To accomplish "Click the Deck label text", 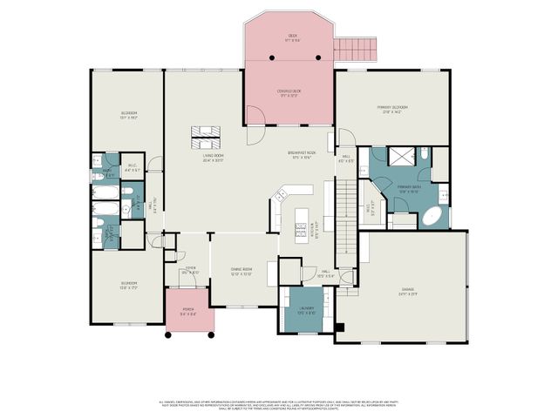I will pyautogui.click(x=293, y=37).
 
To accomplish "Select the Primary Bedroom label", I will pyautogui.click(x=393, y=109).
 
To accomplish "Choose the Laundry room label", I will pyautogui.click(x=305, y=310).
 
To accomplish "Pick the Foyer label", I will pyautogui.click(x=190, y=270).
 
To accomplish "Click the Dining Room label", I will pyautogui.click(x=242, y=272).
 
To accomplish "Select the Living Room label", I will pyautogui.click(x=208, y=158).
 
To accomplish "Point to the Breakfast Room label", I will pyautogui.click(x=302, y=156).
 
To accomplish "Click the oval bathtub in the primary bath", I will pyautogui.click(x=433, y=218).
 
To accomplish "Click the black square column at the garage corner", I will pyautogui.click(x=341, y=328).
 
